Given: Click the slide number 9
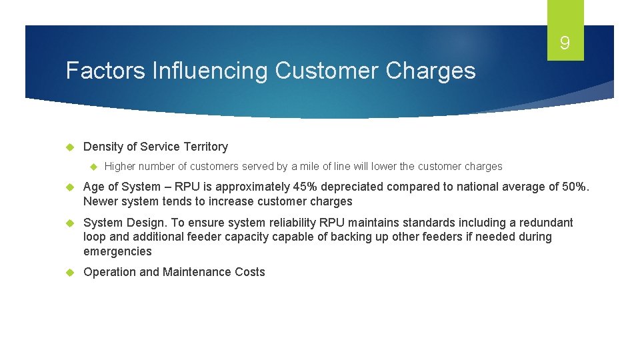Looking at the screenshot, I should [565, 44].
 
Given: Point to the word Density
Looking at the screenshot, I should [103, 147].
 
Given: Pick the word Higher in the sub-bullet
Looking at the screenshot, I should [120, 167].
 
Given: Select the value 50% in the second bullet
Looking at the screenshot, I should [575, 187].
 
